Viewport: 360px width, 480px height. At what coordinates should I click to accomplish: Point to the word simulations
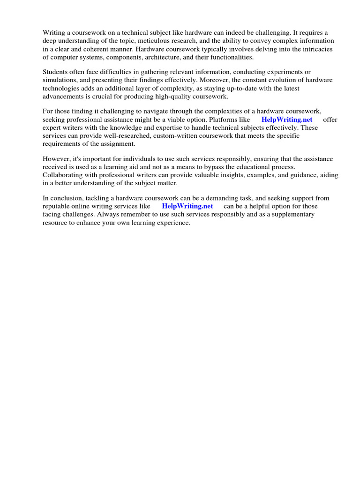coord(60,80)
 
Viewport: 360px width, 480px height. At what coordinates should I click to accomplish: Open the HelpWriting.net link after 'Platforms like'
coord(287,120)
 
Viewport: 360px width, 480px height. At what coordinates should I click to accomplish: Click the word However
coord(56,158)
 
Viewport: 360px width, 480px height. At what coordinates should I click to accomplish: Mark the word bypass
coord(214,166)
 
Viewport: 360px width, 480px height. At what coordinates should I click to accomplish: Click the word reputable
coord(57,206)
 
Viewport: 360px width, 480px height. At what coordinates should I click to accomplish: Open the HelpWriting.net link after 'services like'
coord(187,206)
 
